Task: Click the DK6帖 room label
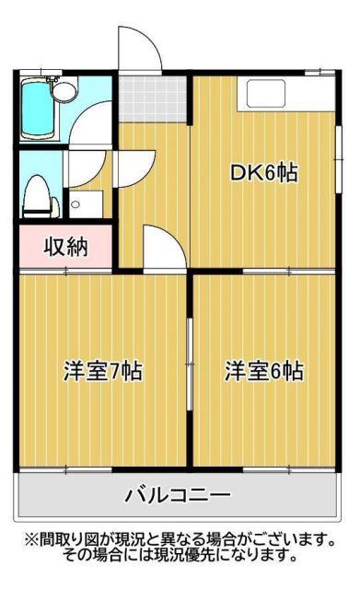(x=264, y=173)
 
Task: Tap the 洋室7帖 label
(x=102, y=371)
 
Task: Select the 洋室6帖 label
(x=264, y=371)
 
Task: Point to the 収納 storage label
(x=65, y=247)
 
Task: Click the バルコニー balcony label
(x=178, y=495)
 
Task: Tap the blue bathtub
(x=37, y=110)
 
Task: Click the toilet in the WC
(x=41, y=196)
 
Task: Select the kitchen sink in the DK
(x=266, y=94)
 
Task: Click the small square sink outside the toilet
(x=86, y=204)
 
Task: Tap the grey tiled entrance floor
(x=153, y=98)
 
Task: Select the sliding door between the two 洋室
(x=191, y=364)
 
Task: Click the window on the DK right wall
(x=339, y=159)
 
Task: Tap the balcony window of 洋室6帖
(x=288, y=469)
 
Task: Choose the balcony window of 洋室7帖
(x=65, y=469)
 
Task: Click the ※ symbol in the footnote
(x=30, y=540)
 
